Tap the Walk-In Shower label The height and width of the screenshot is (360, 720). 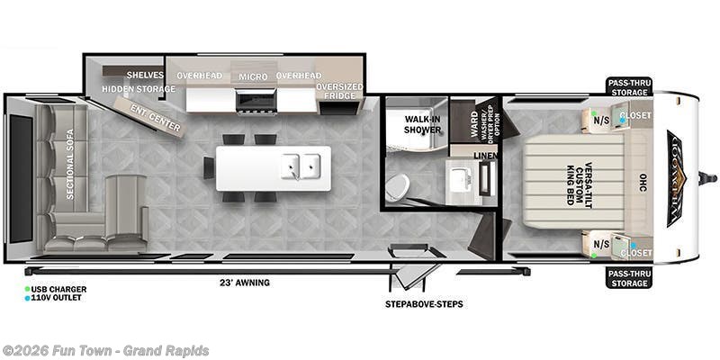pyautogui.click(x=423, y=123)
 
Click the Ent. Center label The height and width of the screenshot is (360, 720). pyautogui.click(x=156, y=119)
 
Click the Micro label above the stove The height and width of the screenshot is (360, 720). pyautogui.click(x=253, y=76)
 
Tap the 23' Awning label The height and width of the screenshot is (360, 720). pyautogui.click(x=245, y=283)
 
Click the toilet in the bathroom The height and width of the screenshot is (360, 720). pyautogui.click(x=397, y=187)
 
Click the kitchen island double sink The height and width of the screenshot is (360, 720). pyautogui.click(x=301, y=166)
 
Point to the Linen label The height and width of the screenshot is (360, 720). pyautogui.click(x=486, y=158)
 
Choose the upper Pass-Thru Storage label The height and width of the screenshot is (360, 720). pyautogui.click(x=627, y=86)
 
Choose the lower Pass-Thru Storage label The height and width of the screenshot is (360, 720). pyautogui.click(x=627, y=278)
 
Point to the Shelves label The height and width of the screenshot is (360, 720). pyautogui.click(x=144, y=75)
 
